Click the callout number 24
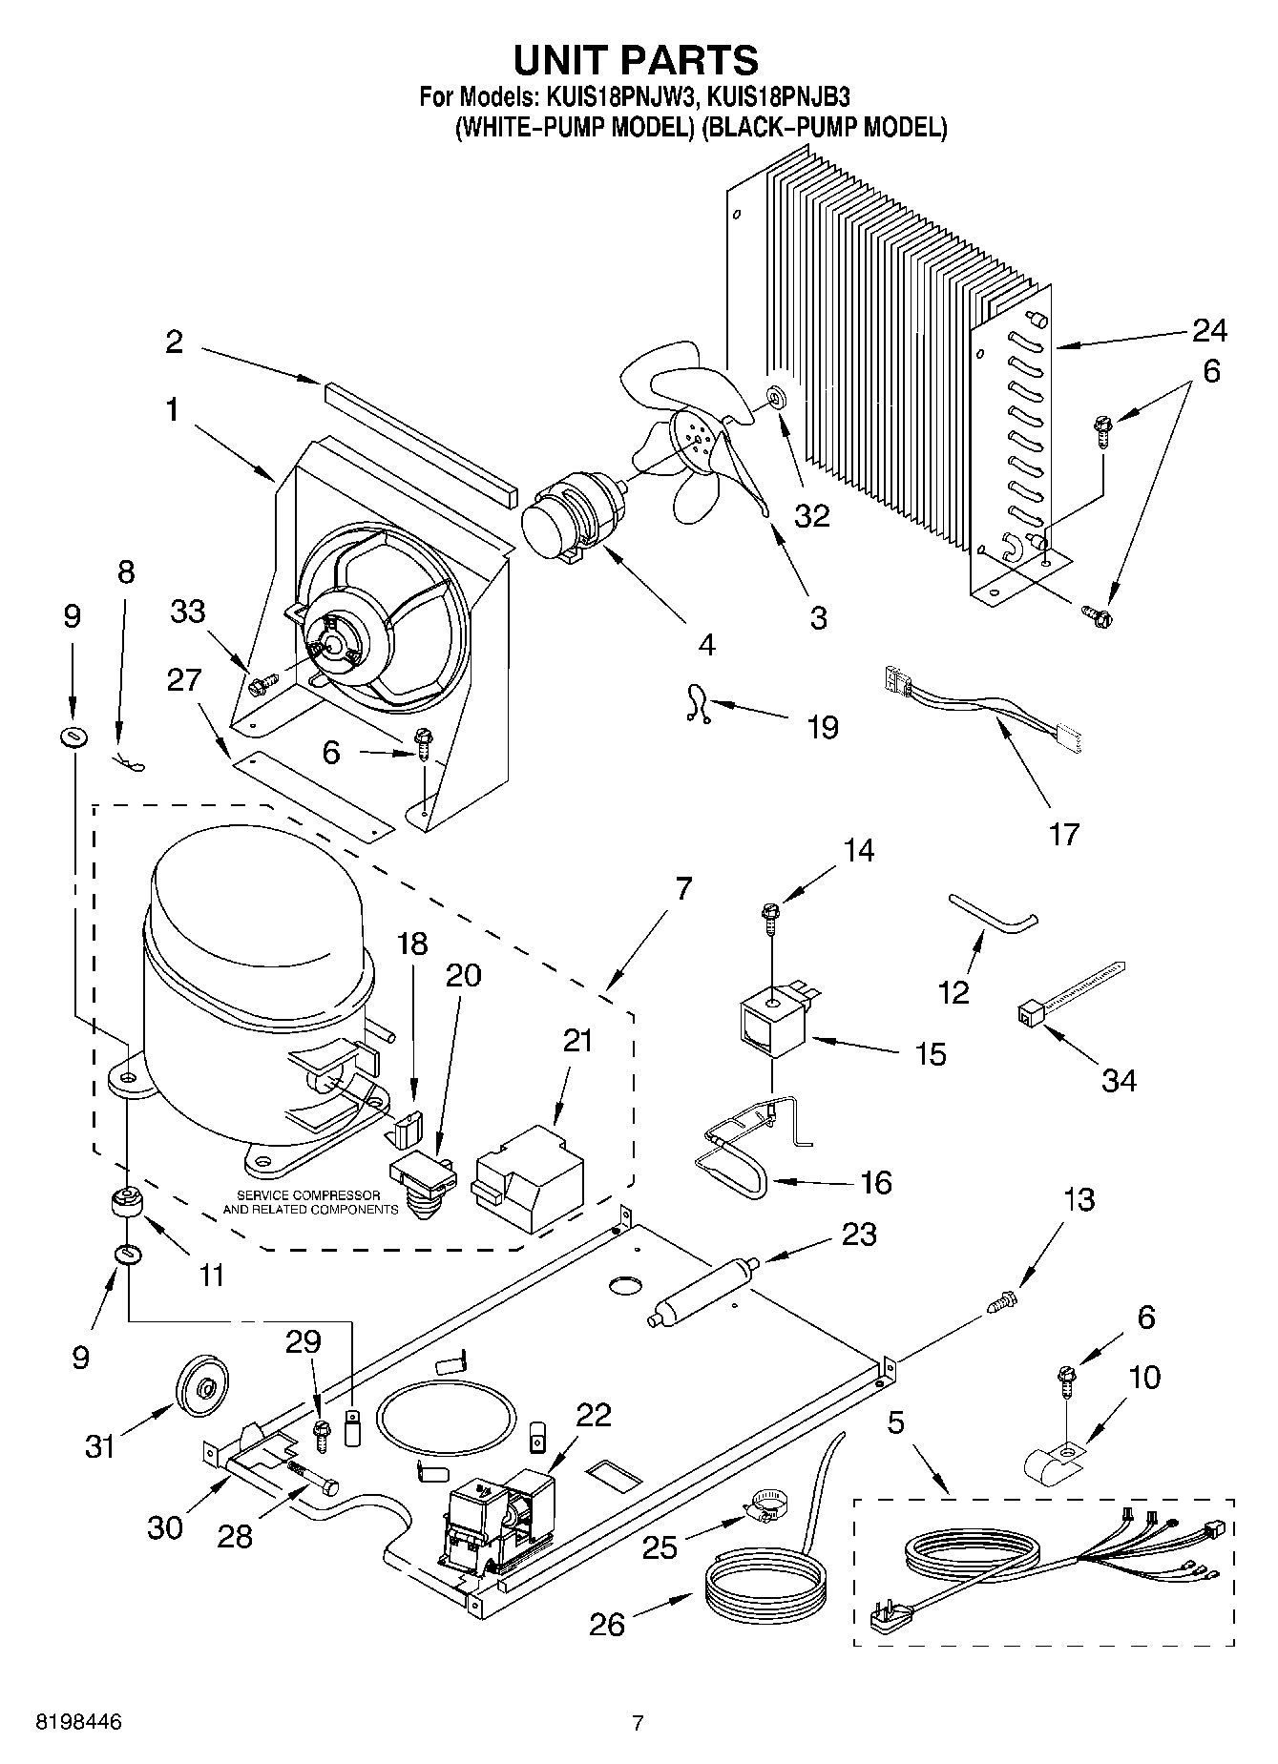1208,330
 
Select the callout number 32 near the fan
811,515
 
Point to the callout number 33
187,611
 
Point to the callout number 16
875,1183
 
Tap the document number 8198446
79,1722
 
